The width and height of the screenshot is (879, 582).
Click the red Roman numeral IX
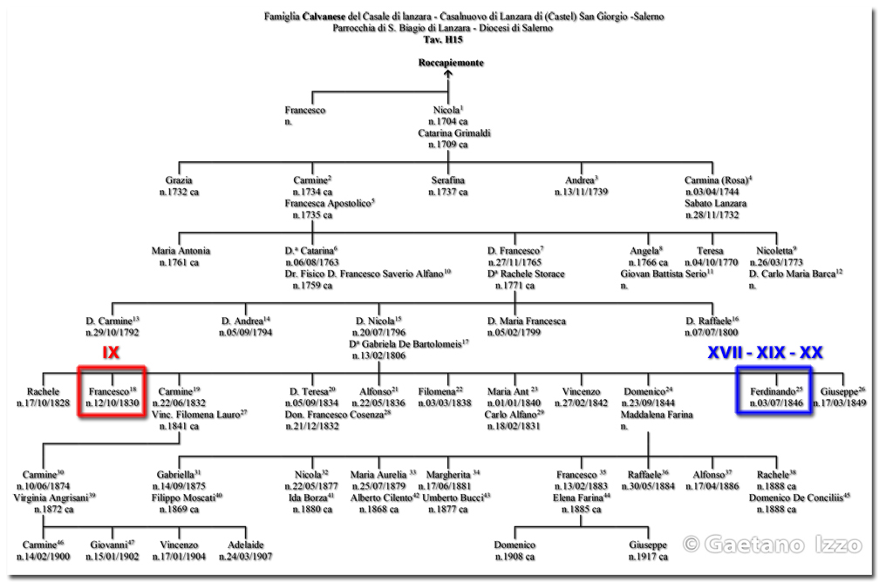tap(111, 353)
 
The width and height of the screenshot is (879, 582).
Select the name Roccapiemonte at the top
tap(450, 64)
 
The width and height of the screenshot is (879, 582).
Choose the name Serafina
tap(448, 180)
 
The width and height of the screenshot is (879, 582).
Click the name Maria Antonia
tap(181, 251)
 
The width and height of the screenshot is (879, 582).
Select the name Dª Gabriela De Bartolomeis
tap(408, 343)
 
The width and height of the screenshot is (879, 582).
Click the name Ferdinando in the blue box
tap(773, 390)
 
